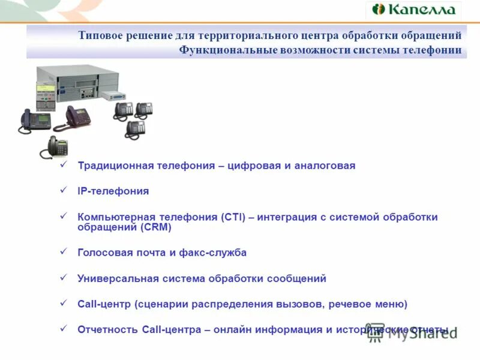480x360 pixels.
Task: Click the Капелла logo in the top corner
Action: tap(413, 10)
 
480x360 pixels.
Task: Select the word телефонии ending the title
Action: tap(433, 50)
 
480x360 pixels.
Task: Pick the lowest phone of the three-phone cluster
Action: tap(135, 129)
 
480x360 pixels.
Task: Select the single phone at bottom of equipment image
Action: tap(56, 147)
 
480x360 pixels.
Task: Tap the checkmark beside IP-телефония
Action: tap(64, 190)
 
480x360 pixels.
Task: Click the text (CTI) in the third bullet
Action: tap(233, 217)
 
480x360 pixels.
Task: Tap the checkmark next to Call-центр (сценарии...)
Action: tap(64, 304)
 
